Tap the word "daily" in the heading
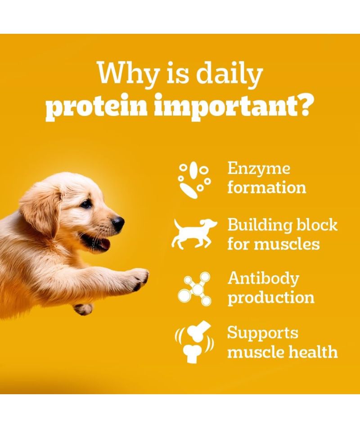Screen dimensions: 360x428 229,74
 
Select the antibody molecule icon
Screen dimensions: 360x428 194,288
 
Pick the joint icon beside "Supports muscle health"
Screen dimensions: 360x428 194,342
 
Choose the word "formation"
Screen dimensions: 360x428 266,187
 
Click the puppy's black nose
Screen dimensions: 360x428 118,223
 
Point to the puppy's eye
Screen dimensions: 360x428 86,204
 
